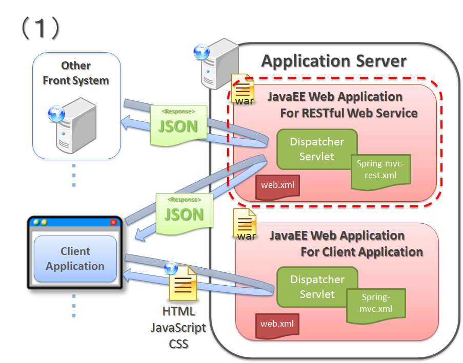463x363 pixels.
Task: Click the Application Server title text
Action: click(334, 61)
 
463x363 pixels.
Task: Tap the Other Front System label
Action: click(76, 73)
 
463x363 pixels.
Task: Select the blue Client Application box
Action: click(75, 259)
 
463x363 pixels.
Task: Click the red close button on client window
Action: click(113, 222)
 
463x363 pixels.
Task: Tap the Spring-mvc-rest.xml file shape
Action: click(380, 169)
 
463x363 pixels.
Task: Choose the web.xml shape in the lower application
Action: click(277, 324)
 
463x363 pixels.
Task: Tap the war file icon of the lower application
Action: click(245, 224)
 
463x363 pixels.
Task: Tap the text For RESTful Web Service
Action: click(349, 113)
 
